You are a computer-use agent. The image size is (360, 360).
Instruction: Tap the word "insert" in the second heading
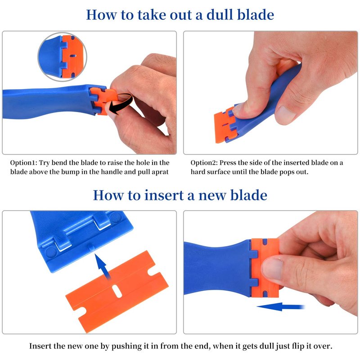tap(164, 195)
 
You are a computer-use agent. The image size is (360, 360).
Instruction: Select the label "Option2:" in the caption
tap(204, 163)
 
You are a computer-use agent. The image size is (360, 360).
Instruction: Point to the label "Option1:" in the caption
tap(23, 163)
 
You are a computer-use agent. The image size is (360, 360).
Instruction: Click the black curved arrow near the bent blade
tap(121, 103)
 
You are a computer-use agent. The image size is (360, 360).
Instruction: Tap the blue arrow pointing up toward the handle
tap(103, 266)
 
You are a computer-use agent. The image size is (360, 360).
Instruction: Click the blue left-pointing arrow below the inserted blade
tap(281, 307)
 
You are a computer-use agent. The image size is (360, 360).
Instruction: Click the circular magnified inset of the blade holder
tap(62, 57)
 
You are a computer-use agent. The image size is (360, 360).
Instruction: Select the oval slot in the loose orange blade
tap(117, 291)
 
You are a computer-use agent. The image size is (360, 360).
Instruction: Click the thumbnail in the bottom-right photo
tap(272, 268)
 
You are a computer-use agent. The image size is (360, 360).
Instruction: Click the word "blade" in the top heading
tap(255, 15)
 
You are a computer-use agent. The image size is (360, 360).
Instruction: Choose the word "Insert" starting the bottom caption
tap(40, 346)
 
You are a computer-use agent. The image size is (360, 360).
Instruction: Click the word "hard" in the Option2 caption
tap(198, 172)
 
